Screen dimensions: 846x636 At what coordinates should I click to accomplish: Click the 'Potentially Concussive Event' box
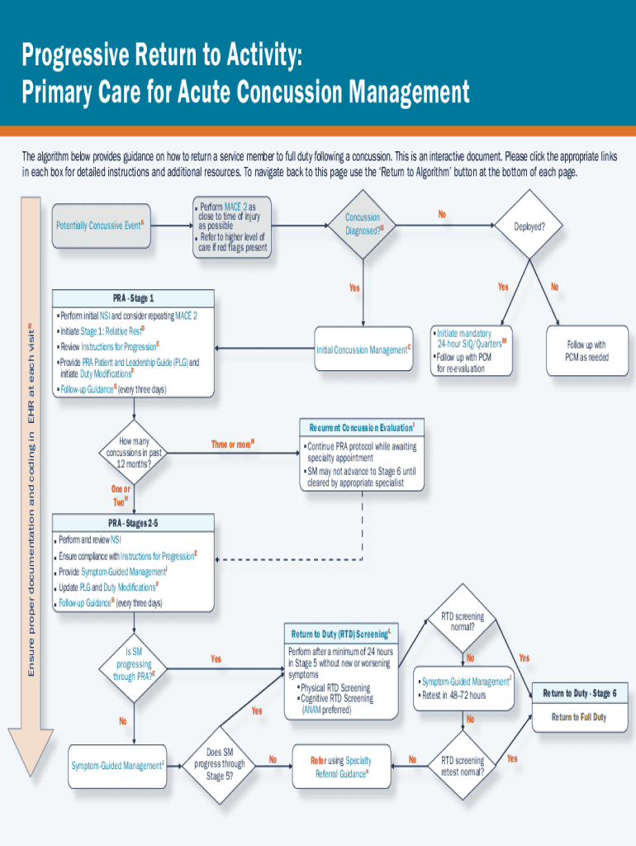pyautogui.click(x=101, y=226)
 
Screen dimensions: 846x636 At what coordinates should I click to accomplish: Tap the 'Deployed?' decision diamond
pyautogui.click(x=529, y=226)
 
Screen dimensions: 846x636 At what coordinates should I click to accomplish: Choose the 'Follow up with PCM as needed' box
pyautogui.click(x=586, y=350)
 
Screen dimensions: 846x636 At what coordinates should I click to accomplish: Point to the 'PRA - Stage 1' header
pyautogui.click(x=133, y=297)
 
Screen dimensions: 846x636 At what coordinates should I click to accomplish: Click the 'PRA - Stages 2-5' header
pyautogui.click(x=133, y=522)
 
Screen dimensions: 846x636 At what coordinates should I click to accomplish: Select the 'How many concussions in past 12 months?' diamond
pyautogui.click(x=133, y=453)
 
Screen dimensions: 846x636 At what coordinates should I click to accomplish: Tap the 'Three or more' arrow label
pyautogui.click(x=232, y=444)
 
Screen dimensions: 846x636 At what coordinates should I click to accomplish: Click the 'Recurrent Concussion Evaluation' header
pyautogui.click(x=362, y=428)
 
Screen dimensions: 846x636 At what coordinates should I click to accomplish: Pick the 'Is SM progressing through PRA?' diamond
pyautogui.click(x=133, y=663)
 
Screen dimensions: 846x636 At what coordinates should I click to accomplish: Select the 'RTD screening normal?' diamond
pyautogui.click(x=463, y=621)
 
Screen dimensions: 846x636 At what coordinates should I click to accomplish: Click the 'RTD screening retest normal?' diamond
pyautogui.click(x=463, y=766)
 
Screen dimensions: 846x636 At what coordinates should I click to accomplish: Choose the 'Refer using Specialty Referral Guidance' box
pyautogui.click(x=341, y=767)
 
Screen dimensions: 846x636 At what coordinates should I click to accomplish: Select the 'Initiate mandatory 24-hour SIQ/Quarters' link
pyautogui.click(x=468, y=338)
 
